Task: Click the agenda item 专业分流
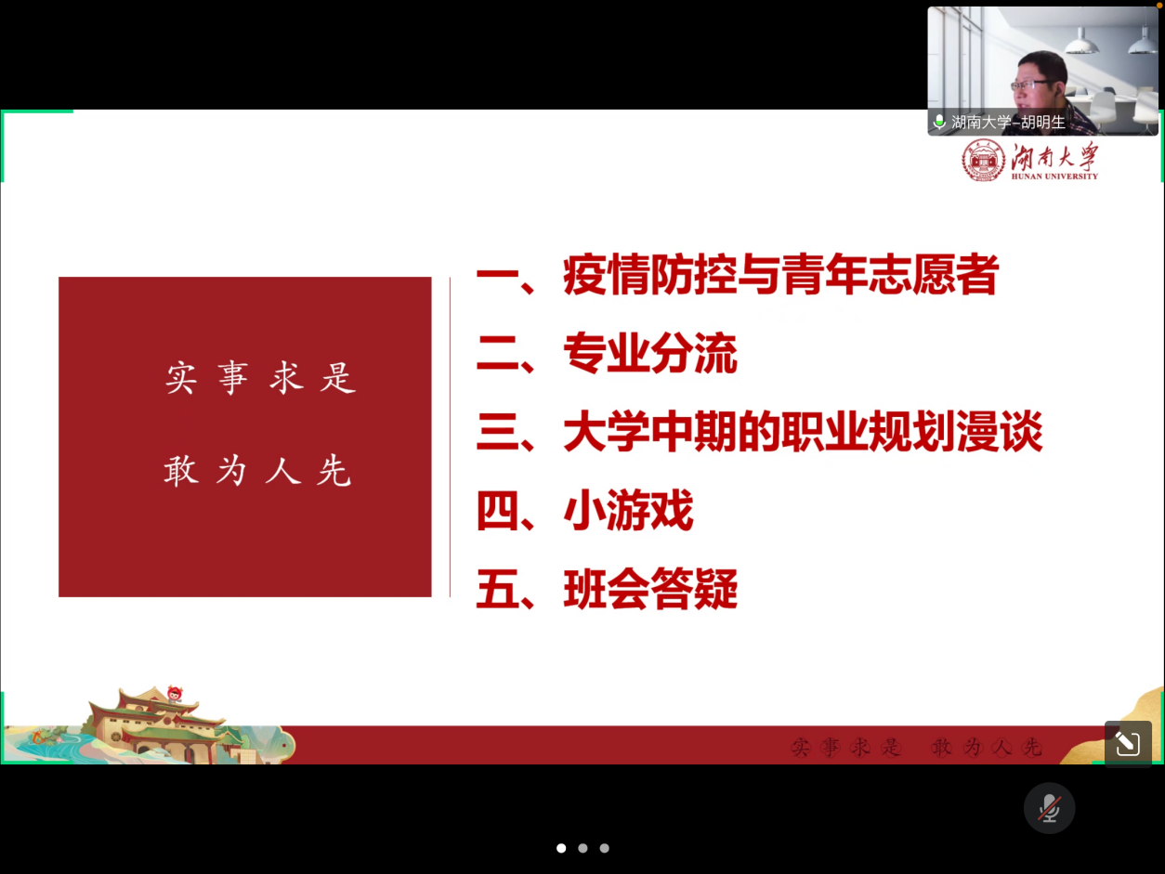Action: (x=649, y=353)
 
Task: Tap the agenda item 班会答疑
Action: (x=650, y=588)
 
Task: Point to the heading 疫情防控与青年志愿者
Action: (x=780, y=274)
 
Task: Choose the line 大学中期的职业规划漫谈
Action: (x=803, y=431)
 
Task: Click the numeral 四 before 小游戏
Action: (x=497, y=511)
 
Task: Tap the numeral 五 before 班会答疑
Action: (x=497, y=589)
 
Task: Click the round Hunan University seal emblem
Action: (x=984, y=161)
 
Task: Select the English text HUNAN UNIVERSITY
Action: (x=1054, y=176)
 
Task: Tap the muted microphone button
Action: (x=1049, y=808)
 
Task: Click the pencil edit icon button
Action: (x=1128, y=743)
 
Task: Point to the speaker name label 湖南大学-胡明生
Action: (x=1008, y=123)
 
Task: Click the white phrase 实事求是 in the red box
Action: (x=261, y=378)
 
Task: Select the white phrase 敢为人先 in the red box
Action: (x=258, y=470)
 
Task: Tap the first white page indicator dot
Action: (x=561, y=848)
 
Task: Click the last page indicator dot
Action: (x=605, y=848)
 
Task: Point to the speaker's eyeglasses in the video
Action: (x=1032, y=85)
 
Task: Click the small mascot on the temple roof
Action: (x=175, y=694)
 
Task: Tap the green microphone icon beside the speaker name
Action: (x=939, y=122)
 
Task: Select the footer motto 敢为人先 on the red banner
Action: (x=987, y=747)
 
